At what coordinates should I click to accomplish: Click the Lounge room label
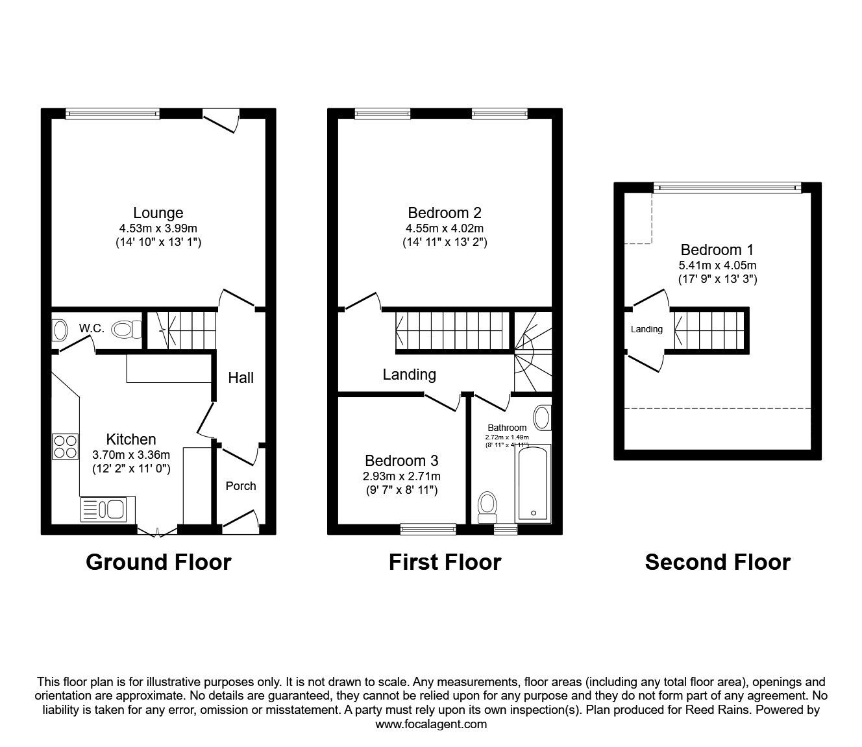tap(158, 213)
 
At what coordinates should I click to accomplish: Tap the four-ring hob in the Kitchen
tap(66, 447)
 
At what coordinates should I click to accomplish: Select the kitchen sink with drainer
tap(108, 509)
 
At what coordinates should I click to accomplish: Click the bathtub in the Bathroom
tap(533, 484)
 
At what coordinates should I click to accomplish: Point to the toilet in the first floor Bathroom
tap(486, 506)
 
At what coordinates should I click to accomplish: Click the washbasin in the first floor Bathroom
tap(542, 418)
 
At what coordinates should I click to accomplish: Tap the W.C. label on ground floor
tap(92, 328)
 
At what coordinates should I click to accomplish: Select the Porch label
tap(240, 486)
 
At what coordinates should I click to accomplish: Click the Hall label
tap(241, 378)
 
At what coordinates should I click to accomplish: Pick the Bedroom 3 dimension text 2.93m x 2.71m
tap(401, 476)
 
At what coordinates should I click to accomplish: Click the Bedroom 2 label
tap(445, 213)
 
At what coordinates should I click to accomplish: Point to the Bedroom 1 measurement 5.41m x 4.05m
tap(718, 265)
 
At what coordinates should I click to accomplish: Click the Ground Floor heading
tap(158, 562)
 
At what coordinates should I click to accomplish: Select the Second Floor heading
tap(717, 562)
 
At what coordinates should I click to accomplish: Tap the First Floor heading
tap(445, 562)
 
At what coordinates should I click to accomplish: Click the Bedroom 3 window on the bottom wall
tap(428, 530)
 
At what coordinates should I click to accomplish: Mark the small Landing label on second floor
tap(646, 329)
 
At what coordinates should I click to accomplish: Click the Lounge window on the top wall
tap(113, 114)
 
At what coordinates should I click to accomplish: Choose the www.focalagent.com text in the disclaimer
tap(431, 724)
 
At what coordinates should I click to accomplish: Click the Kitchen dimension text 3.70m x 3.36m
tap(130, 454)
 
